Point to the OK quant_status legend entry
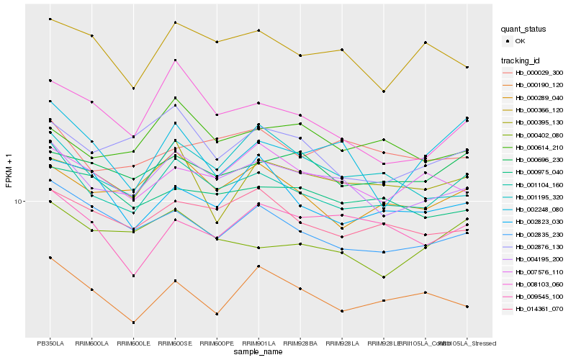[519, 41]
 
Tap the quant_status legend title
[524, 29]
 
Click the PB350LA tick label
[50, 343]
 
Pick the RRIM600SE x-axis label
[176, 343]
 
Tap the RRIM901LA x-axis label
[259, 343]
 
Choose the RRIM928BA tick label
[300, 343]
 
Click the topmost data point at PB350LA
[50, 19]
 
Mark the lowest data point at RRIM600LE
[134, 322]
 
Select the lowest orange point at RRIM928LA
[342, 311]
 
